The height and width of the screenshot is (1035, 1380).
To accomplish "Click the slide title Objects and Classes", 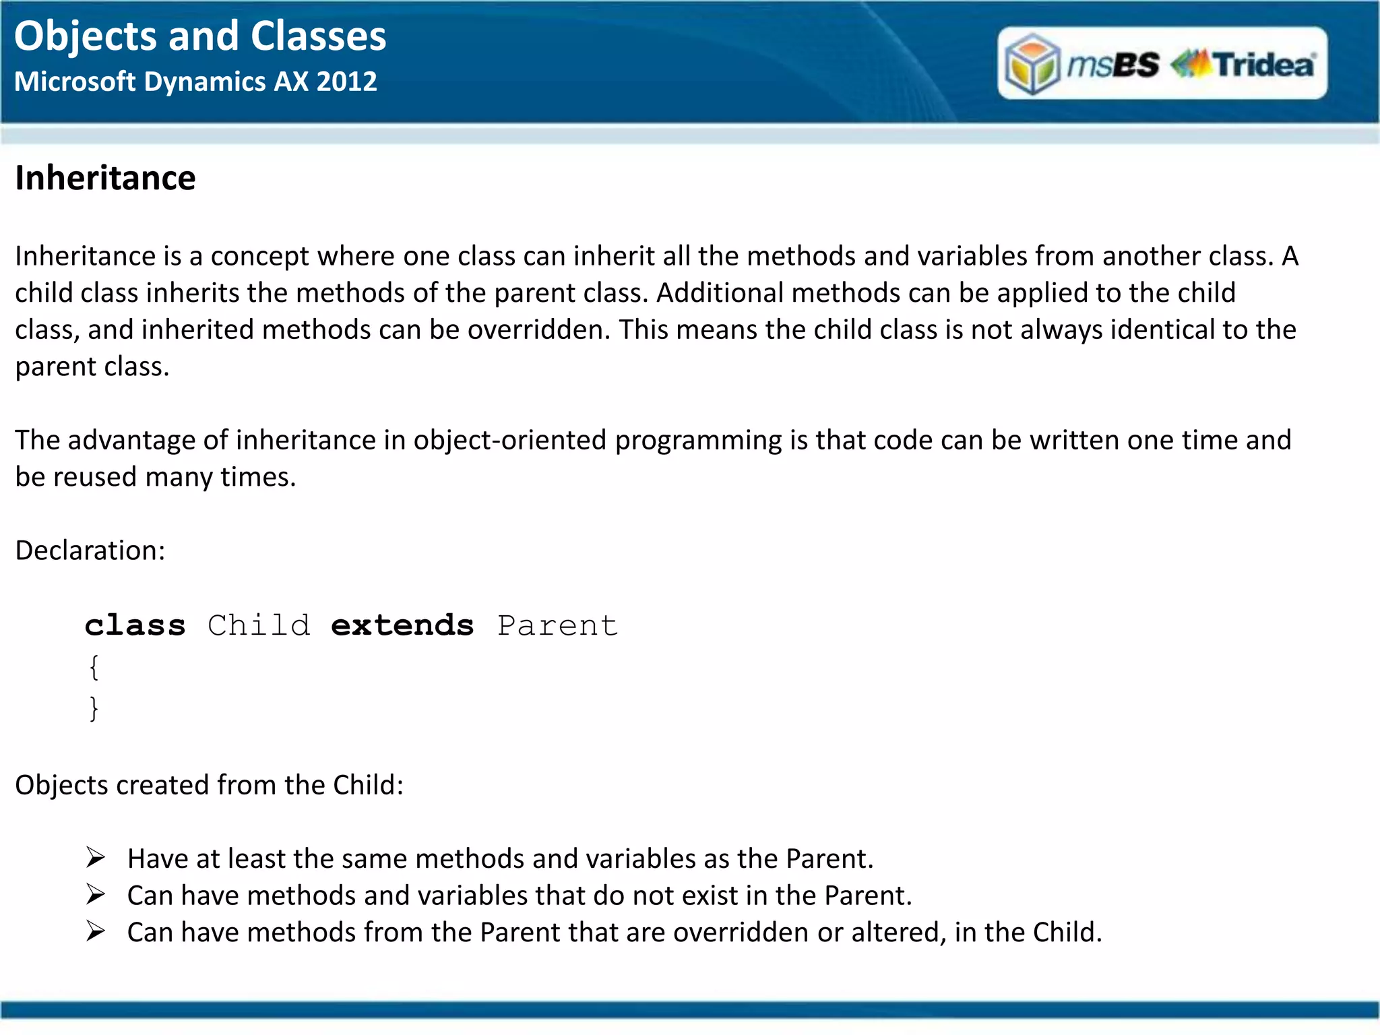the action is coord(200,36).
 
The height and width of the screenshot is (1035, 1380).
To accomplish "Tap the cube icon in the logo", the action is coord(1032,64).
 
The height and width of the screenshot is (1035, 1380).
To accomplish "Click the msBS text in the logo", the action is coord(1113,65).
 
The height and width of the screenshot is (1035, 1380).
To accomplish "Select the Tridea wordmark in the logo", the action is coord(1263,65).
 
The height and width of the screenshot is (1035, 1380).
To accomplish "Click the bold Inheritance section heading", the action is coord(105,179).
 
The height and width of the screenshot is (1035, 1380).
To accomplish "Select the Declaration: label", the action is coord(90,551).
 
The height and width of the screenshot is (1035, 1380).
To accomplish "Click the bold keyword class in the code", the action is coord(135,625).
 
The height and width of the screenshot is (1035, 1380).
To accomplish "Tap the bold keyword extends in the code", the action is coord(402,625).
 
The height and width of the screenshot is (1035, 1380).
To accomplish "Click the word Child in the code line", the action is coord(259,625).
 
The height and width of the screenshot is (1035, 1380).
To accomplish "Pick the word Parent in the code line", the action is coord(557,625).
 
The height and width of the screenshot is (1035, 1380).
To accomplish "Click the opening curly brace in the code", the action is coord(94,667).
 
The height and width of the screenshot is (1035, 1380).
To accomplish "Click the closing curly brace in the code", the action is coord(94,708).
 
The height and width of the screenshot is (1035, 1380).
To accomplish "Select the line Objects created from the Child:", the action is coord(209,785).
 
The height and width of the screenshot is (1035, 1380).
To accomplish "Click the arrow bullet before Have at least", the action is coord(96,858).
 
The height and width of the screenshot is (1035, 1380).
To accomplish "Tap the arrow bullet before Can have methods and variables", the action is coord(96,895).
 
